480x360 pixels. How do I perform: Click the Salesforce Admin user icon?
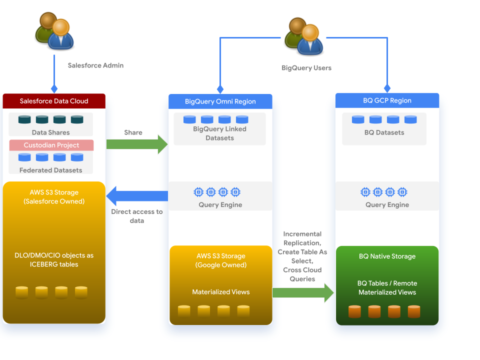54,31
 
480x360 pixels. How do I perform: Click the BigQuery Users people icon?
303,36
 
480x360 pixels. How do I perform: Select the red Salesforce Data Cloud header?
54,101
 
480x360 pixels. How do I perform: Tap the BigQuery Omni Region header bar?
220,101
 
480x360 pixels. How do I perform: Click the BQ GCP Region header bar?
387,100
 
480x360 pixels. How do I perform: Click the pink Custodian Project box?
51,145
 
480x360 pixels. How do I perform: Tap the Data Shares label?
50,132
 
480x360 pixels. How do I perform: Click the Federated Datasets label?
50,170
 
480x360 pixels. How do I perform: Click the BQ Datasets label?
384,132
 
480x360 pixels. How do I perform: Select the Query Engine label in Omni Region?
220,204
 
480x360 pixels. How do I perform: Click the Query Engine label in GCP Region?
387,204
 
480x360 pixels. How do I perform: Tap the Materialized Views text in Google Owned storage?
220,292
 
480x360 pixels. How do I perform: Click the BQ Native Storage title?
387,256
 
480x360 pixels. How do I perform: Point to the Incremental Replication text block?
302,256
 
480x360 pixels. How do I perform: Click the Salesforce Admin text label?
95,65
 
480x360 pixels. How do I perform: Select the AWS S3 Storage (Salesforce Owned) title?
54,196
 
